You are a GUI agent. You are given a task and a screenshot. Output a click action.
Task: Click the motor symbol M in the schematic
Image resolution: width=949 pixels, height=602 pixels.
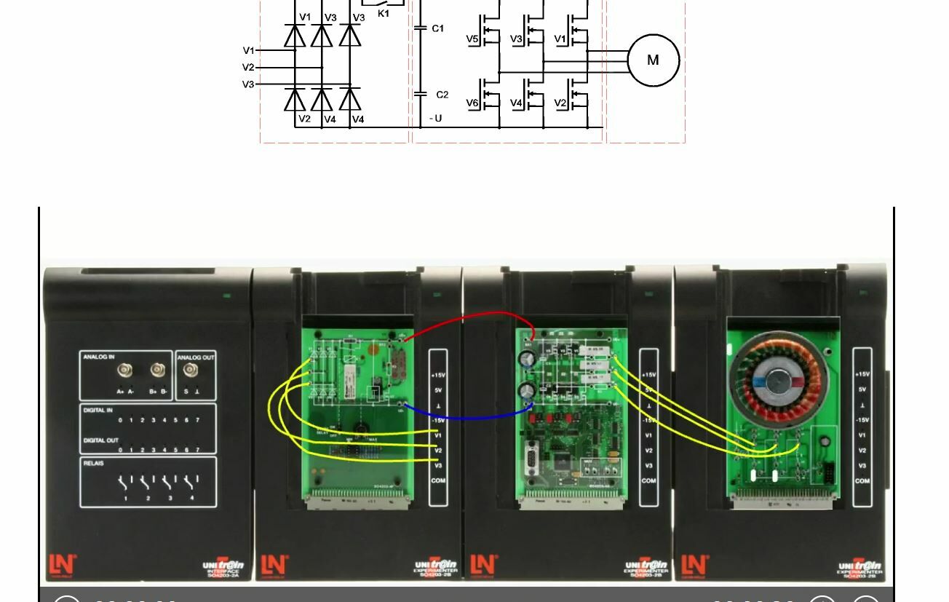(653, 60)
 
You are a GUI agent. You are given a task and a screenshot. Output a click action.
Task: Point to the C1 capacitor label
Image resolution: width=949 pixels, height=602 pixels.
(437, 29)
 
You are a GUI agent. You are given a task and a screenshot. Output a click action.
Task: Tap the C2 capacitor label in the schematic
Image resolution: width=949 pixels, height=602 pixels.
(442, 95)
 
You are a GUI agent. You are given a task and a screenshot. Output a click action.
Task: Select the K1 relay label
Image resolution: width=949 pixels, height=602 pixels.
(384, 13)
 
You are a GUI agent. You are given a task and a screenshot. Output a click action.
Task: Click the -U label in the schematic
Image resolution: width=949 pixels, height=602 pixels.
(435, 119)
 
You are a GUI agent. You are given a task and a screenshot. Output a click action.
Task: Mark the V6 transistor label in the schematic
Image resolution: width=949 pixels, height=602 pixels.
(472, 103)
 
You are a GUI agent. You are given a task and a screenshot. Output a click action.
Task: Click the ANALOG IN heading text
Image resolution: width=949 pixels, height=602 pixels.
(99, 357)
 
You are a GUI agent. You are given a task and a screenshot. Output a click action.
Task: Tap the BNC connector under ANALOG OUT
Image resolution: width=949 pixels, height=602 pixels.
(190, 370)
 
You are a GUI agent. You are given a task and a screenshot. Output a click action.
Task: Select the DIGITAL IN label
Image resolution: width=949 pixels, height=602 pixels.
(98, 411)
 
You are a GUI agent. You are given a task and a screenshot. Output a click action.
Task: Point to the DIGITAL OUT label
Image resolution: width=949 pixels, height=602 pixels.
(100, 440)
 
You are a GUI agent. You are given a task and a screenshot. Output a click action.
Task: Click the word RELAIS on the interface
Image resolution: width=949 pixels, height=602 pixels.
(94, 463)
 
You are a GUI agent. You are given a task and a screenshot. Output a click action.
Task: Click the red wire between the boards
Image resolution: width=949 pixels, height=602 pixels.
(473, 316)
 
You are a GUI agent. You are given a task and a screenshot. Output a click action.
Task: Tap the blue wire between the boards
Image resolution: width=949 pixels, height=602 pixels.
(466, 416)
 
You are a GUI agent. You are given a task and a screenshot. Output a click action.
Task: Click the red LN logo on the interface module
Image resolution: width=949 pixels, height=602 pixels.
(62, 564)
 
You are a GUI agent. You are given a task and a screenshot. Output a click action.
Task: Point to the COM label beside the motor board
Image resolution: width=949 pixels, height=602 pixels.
(862, 481)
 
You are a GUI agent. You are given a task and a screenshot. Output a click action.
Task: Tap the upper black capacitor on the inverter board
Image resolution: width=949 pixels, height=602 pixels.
(527, 359)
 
